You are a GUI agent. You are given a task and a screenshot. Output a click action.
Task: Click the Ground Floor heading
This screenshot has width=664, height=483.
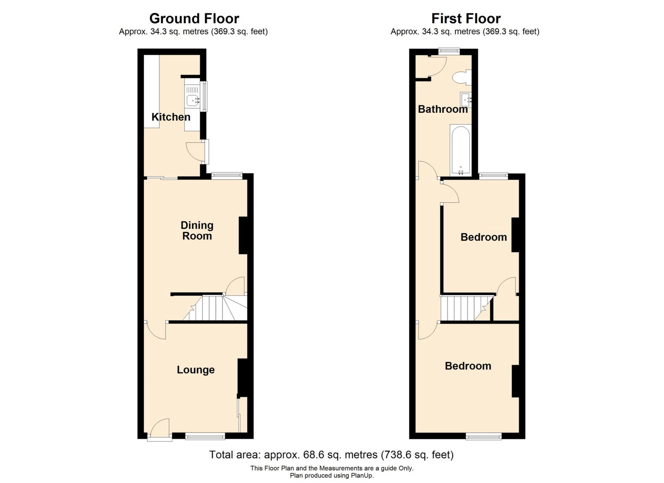point(194,18)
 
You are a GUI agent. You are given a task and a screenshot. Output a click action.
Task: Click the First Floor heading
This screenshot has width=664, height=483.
point(466,18)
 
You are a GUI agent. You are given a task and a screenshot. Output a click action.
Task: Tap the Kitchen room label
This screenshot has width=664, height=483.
point(171,117)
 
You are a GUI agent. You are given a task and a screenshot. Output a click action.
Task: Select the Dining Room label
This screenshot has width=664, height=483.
point(197,230)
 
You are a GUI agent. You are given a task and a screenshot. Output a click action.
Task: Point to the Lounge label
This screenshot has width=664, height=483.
point(195,370)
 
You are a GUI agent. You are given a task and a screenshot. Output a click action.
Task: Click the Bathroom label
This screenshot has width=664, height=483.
point(443,109)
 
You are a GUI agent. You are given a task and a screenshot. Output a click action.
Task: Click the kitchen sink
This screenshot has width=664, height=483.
point(192,100)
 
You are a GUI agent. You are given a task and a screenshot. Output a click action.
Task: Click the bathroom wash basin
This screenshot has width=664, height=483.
point(465,99)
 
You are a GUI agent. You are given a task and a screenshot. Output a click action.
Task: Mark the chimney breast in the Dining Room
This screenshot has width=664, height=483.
point(243,236)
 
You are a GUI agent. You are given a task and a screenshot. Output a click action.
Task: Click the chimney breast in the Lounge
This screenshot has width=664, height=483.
point(242,377)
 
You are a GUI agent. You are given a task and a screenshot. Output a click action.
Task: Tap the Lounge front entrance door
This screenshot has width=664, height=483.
point(160,430)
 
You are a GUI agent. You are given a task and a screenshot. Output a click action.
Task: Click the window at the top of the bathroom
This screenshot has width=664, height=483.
point(449,51)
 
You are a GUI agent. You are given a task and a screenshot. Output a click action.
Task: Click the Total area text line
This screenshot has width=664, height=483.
point(331,455)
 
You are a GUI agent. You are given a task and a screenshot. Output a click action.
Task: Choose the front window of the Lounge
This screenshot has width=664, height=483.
point(205,436)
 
